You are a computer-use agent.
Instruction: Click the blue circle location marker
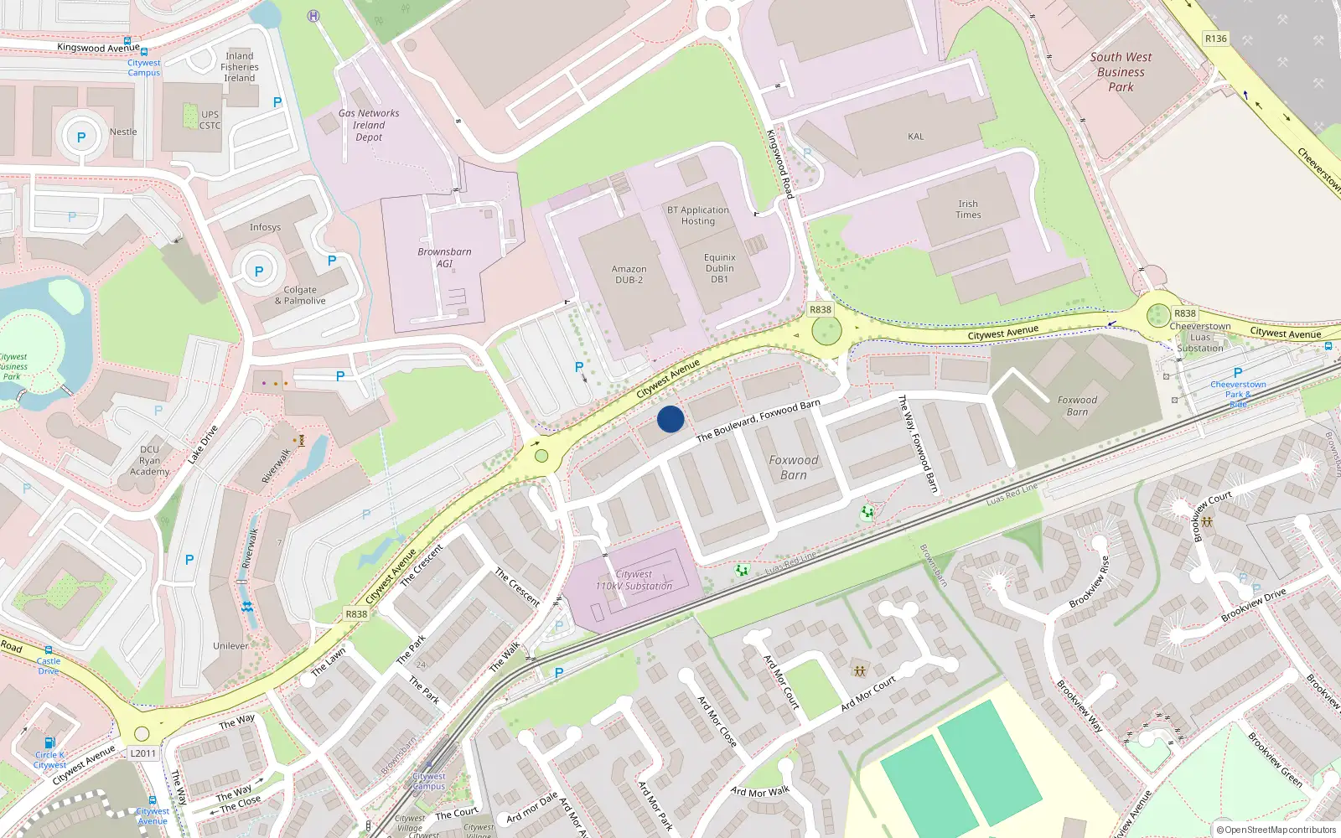click(670, 419)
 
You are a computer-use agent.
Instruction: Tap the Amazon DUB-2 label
click(629, 274)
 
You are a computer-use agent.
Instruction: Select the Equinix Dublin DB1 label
click(719, 268)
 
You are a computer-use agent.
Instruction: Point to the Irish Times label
click(968, 209)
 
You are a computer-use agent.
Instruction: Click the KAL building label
click(915, 137)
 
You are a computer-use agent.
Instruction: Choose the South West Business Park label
click(1121, 72)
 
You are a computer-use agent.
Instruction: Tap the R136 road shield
click(1215, 39)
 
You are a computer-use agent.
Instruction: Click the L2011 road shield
click(143, 753)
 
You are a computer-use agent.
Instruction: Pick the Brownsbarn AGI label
click(444, 257)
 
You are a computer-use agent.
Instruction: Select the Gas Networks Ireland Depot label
click(369, 125)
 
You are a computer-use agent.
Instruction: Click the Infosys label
click(265, 227)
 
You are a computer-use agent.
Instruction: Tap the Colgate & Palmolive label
click(300, 295)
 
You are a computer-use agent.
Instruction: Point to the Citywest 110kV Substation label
click(634, 580)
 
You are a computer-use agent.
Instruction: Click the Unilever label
click(230, 646)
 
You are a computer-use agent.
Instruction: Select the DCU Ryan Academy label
click(150, 461)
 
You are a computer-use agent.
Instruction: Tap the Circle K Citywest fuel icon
click(49, 742)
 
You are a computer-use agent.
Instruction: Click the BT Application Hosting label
click(698, 215)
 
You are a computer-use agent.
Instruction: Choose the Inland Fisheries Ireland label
click(240, 67)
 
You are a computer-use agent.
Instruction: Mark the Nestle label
click(123, 132)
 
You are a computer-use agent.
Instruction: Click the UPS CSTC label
click(210, 121)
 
